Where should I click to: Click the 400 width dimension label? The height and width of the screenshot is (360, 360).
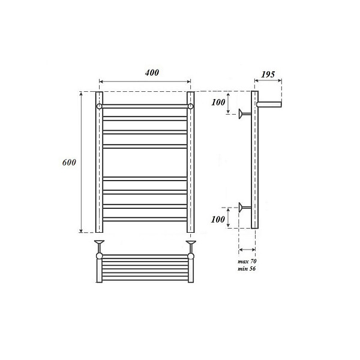[151, 73]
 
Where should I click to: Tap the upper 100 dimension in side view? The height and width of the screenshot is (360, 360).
[218, 103]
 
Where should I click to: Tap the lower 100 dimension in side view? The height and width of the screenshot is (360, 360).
[218, 220]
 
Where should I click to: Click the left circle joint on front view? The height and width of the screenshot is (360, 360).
[100, 106]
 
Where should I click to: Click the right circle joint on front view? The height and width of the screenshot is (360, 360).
[191, 106]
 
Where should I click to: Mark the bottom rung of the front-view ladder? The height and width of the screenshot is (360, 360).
[145, 219]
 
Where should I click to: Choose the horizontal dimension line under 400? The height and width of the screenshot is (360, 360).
[145, 82]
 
